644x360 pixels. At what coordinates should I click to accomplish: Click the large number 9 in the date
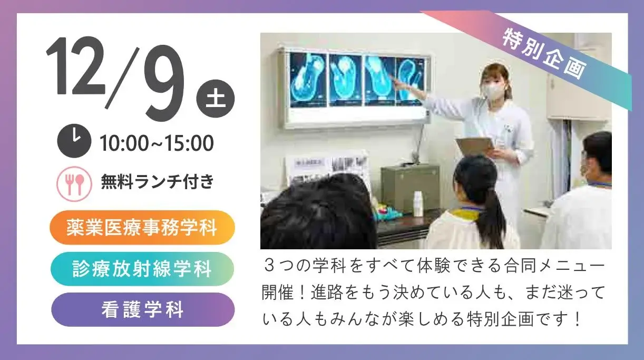164,83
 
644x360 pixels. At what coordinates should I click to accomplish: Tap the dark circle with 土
216,99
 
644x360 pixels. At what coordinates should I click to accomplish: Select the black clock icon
74,141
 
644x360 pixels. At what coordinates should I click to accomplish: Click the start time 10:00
125,143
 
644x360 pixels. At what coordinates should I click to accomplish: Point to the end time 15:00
189,143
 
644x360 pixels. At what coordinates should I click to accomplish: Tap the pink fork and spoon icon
74,184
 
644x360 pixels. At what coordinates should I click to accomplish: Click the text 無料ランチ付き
158,182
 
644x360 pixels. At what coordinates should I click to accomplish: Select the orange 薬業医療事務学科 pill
142,228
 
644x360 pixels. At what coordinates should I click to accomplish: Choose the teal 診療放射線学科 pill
142,269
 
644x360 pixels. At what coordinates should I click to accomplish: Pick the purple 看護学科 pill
143,310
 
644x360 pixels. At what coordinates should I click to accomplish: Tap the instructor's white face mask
493,91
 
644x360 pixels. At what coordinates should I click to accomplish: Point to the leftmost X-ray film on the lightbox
308,80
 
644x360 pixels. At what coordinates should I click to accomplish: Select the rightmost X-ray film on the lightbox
410,81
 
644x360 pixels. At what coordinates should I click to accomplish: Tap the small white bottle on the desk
418,204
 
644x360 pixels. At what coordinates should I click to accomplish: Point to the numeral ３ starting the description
270,266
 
